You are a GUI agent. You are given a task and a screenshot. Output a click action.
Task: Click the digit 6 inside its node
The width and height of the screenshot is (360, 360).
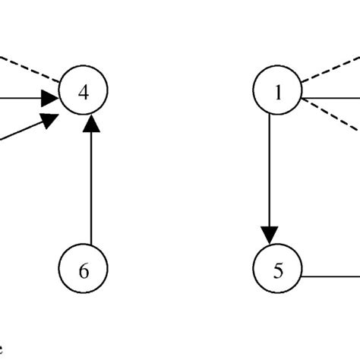tap(84, 270)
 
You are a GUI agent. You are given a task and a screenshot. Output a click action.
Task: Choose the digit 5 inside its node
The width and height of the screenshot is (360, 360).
tap(277, 270)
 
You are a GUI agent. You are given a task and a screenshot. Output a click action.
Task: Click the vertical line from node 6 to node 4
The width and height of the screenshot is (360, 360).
tap(90, 190)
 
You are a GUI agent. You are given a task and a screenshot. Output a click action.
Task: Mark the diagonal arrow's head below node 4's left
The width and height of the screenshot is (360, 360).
tap(50, 120)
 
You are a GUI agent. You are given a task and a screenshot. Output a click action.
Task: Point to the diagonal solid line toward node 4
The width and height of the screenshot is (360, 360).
tap(19, 132)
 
